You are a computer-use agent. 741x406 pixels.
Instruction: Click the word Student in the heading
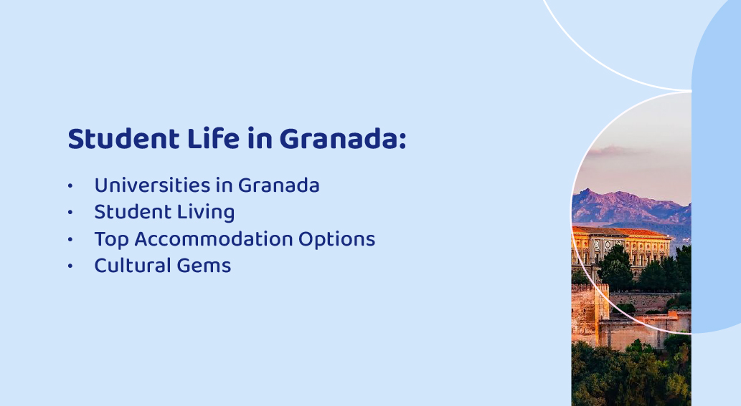click(124, 139)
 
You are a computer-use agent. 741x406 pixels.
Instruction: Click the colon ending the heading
click(402, 141)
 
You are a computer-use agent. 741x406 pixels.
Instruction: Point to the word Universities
click(153, 185)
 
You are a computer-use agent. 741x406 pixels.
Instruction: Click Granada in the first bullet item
click(279, 185)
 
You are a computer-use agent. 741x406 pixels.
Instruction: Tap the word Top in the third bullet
click(111, 240)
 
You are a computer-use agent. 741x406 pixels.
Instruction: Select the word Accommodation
click(214, 239)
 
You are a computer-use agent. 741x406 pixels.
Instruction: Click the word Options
click(337, 240)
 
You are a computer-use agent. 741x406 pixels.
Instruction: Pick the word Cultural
click(132, 266)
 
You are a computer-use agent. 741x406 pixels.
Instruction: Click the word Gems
click(204, 266)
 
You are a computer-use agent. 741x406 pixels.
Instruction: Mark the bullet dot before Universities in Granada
click(70, 185)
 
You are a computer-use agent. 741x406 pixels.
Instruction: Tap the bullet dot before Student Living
click(70, 213)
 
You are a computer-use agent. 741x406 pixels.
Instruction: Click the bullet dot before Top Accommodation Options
click(70, 240)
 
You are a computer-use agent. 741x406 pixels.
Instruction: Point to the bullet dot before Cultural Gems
click(70, 266)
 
